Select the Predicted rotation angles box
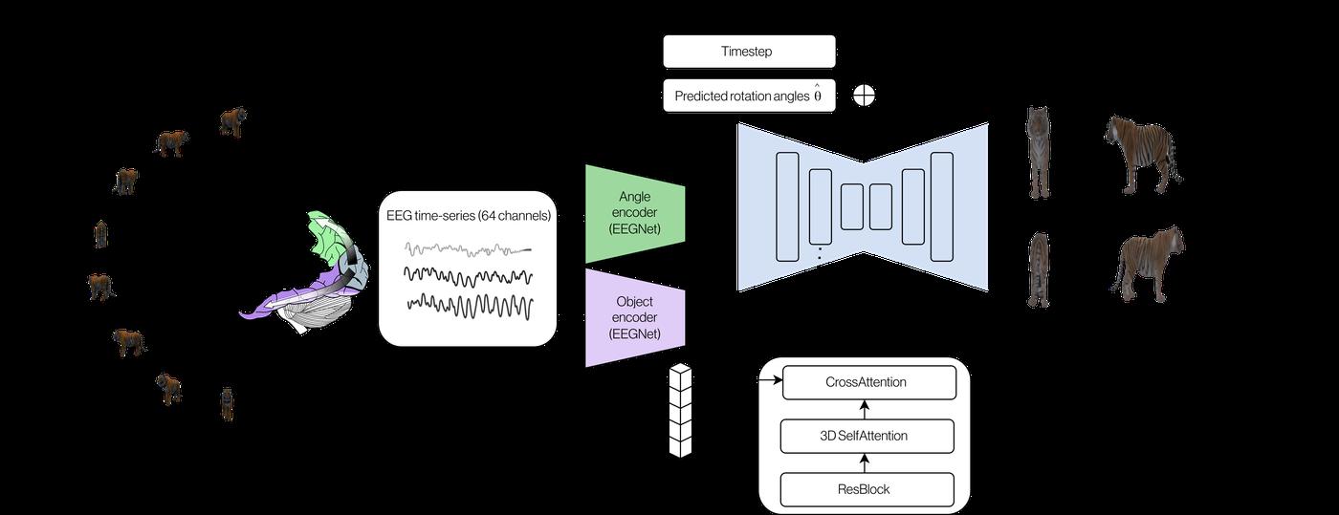point(749,96)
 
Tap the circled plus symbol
point(864,95)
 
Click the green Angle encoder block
point(634,214)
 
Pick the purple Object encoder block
point(634,318)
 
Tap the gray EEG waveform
point(468,248)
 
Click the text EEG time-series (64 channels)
point(468,216)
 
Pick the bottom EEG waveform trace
point(470,306)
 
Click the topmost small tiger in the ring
point(232,120)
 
